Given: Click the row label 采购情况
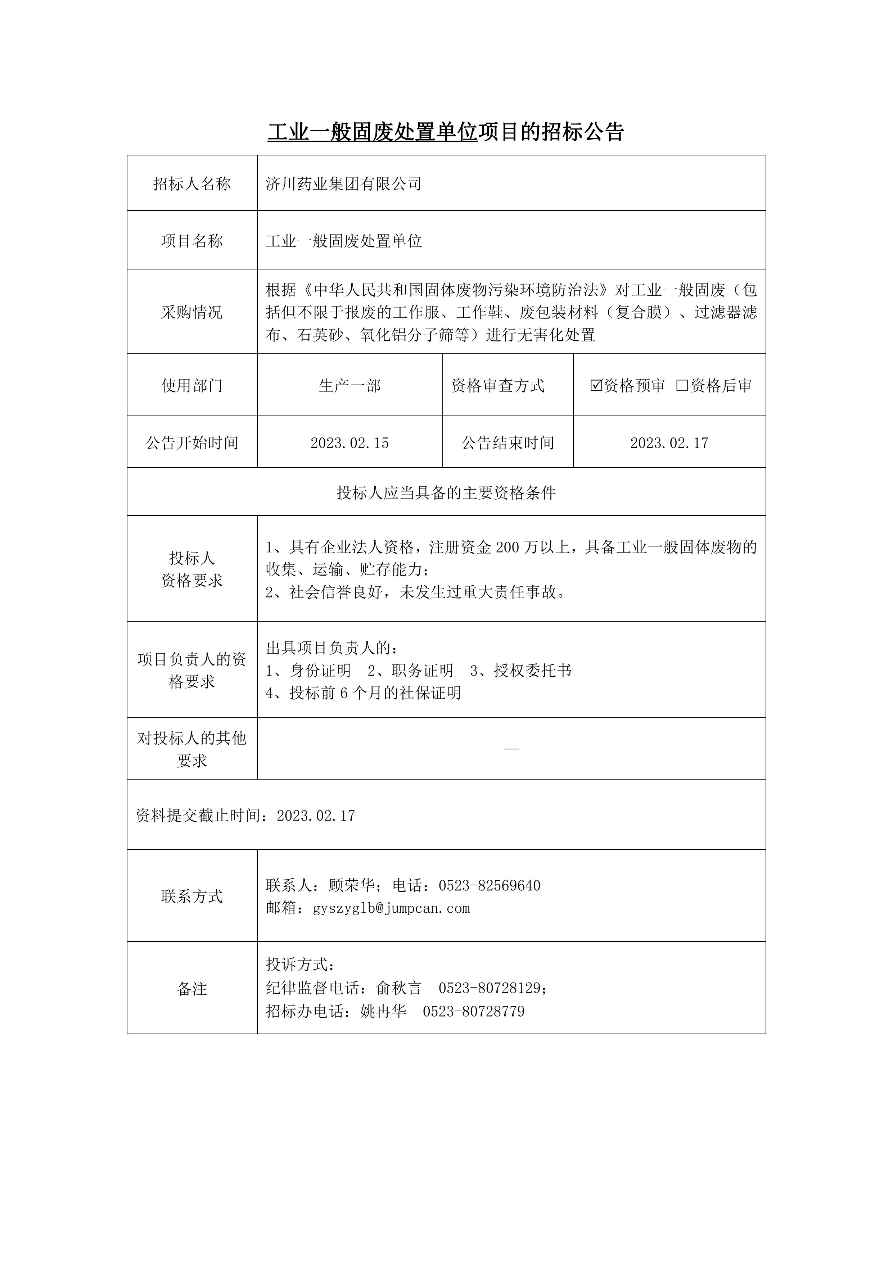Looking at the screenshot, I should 192,312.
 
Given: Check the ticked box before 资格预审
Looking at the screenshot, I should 596,385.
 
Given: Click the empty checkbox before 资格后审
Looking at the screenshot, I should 682,385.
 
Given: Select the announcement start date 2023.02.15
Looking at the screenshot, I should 350,443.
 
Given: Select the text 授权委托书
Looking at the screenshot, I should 532,671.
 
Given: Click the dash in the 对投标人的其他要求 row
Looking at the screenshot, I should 511,749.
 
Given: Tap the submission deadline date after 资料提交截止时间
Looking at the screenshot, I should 316,816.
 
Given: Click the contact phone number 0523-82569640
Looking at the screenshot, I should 490,885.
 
